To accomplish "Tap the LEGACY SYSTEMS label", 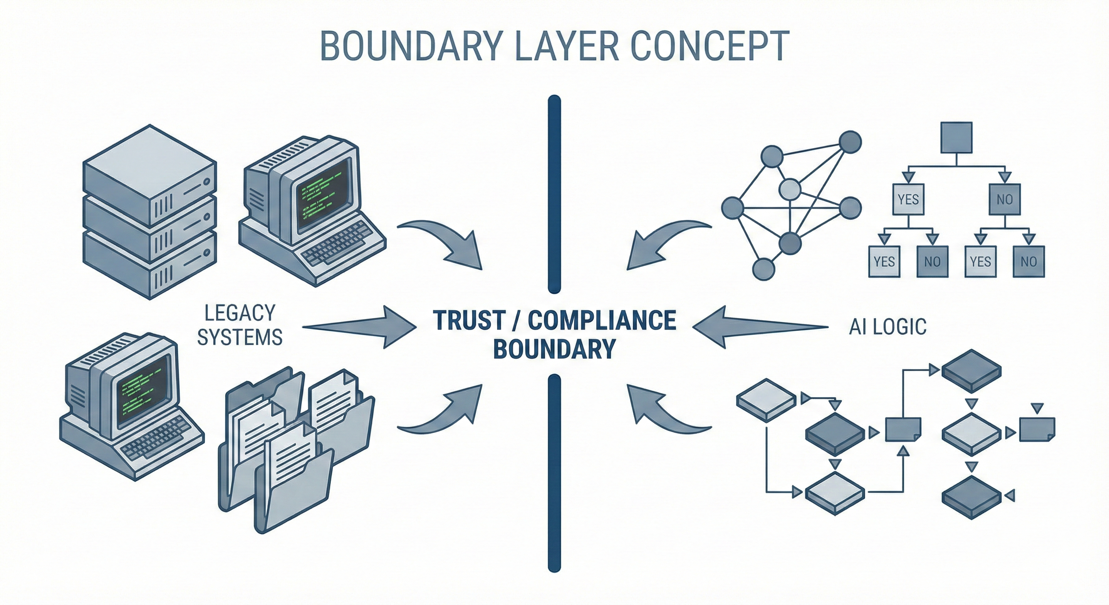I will click(240, 325).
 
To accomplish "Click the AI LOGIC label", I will click(888, 327).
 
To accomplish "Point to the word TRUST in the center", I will click(469, 320).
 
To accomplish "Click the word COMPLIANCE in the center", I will click(602, 320).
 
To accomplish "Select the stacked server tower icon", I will click(149, 211).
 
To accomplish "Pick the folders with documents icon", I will click(297, 448).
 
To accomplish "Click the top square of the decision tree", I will click(956, 137).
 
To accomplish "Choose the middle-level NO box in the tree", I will click(1004, 199).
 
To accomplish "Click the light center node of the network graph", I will click(790, 189).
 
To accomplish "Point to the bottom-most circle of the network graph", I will click(763, 269).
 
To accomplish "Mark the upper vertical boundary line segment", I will click(554, 194).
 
